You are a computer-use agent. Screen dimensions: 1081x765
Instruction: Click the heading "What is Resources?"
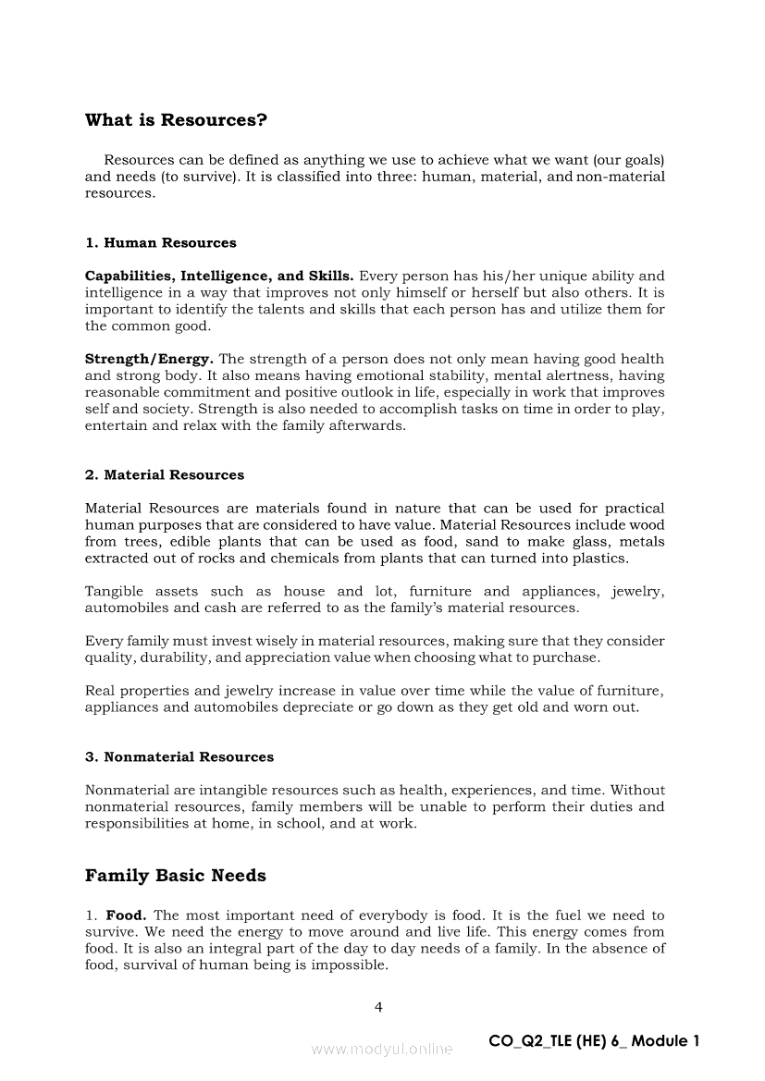[x=176, y=120]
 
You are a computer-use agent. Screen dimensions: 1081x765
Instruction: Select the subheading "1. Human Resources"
[x=160, y=243]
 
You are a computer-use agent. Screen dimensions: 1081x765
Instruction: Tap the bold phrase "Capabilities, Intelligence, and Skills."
[x=219, y=276]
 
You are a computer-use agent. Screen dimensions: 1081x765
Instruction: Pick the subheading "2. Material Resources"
[x=165, y=475]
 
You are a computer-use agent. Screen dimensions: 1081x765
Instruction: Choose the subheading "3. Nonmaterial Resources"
[x=179, y=757]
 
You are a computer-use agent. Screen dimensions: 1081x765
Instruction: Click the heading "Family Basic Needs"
[x=175, y=876]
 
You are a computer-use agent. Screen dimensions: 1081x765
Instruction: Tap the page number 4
[x=378, y=1007]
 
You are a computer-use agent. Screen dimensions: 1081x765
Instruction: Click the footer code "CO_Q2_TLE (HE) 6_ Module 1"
[x=594, y=1041]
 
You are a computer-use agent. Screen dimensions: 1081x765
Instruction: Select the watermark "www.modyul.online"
[x=382, y=1049]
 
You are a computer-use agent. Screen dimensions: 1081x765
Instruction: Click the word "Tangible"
[x=112, y=592]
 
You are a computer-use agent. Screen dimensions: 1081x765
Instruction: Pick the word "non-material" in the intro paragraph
[x=621, y=177]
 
